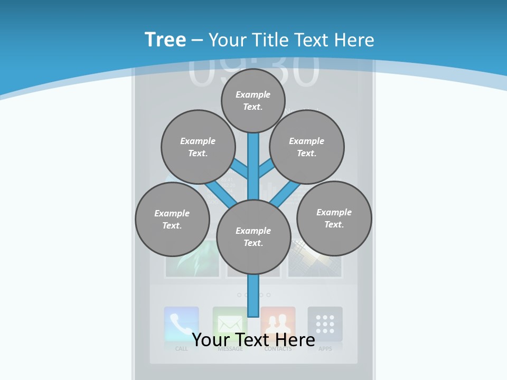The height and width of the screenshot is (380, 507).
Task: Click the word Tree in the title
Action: (x=165, y=40)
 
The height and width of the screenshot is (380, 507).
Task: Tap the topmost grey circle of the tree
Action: (x=253, y=100)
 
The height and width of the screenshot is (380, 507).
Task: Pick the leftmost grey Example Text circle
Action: (x=172, y=219)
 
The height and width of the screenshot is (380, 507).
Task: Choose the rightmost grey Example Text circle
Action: (x=334, y=218)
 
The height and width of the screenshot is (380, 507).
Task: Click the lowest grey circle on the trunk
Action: (x=253, y=236)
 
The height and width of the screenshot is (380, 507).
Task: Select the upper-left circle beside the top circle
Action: (x=198, y=147)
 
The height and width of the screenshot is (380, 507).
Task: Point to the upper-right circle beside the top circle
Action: (x=307, y=147)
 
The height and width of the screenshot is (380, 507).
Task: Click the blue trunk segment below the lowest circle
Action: (x=253, y=296)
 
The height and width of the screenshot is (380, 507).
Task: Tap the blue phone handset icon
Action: (x=181, y=324)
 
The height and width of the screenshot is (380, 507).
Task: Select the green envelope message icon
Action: (x=230, y=324)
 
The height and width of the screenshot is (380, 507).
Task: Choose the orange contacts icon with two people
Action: (x=278, y=324)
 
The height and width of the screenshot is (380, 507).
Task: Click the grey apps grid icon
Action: (x=325, y=324)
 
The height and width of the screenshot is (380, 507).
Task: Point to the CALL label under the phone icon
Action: (x=181, y=349)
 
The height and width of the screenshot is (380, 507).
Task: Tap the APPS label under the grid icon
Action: (x=325, y=349)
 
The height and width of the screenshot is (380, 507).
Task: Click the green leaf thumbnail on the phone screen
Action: (x=192, y=259)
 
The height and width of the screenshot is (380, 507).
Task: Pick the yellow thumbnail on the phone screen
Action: (x=315, y=259)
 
